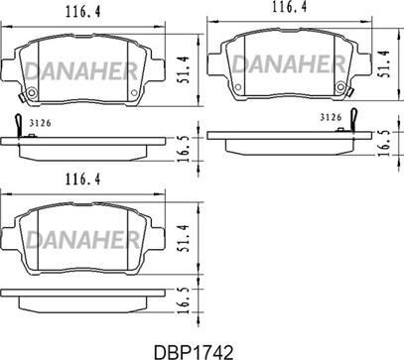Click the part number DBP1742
194,352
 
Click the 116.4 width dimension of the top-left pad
82,12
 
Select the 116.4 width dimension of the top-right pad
289,7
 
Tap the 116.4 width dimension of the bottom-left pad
82,180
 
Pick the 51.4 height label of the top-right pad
384,63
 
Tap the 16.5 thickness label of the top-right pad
384,143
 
